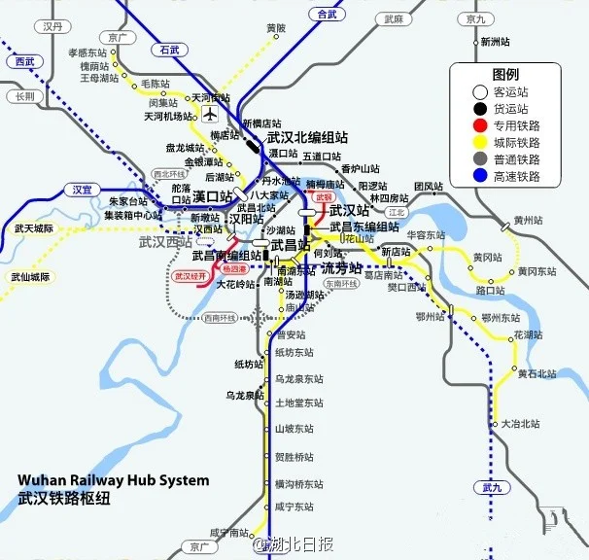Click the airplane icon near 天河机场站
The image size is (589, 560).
click(x=210, y=115)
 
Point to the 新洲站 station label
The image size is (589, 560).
click(x=496, y=43)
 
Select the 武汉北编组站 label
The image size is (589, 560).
click(x=307, y=138)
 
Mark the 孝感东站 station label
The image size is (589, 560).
click(x=87, y=52)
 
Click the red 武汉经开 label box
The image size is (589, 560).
click(x=189, y=276)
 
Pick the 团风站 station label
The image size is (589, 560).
click(x=428, y=186)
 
